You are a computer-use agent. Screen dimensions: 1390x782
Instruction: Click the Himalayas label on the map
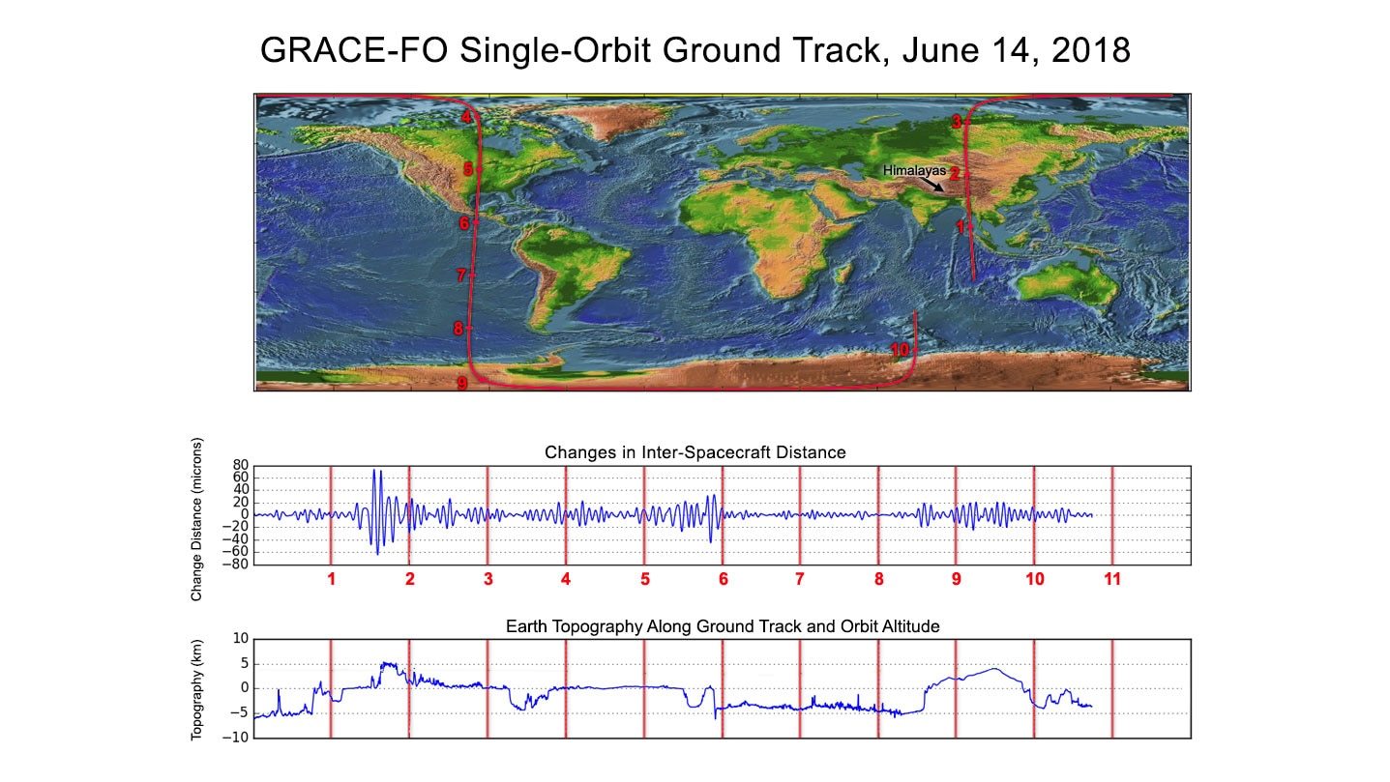pos(914,170)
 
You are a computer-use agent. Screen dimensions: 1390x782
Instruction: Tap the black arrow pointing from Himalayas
pos(932,184)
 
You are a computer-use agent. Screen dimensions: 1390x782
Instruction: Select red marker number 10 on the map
pos(900,350)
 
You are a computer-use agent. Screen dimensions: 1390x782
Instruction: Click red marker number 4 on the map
pos(466,117)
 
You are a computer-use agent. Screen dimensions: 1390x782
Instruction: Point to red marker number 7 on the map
pos(461,275)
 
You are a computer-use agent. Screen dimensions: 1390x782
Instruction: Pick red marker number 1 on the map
pos(960,227)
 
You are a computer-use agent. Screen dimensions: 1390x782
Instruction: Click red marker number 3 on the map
pos(957,122)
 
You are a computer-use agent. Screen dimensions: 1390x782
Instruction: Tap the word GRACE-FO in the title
pos(354,50)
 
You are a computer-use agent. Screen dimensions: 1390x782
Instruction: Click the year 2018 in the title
pos(1091,50)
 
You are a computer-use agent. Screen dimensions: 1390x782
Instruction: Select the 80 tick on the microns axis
pos(240,465)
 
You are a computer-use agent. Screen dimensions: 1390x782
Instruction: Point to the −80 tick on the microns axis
pos(235,565)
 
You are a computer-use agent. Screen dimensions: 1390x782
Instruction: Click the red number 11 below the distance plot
pos(1112,579)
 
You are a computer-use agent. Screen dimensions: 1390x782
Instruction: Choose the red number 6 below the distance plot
pos(723,579)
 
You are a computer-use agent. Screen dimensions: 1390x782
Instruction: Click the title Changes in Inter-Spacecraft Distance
pos(695,452)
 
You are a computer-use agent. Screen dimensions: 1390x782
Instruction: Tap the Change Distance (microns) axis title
pos(196,520)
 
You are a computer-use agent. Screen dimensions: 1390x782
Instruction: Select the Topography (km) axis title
pos(196,690)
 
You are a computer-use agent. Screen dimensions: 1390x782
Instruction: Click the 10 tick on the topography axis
pos(240,638)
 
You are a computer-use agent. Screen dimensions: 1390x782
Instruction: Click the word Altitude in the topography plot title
pos(911,626)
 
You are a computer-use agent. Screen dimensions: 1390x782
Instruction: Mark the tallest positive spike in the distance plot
pos(373,470)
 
